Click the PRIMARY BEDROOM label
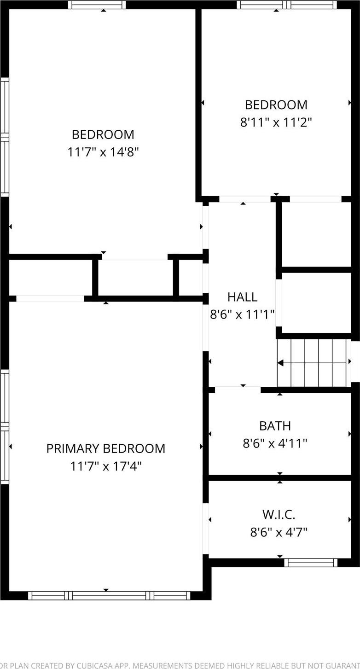pos(105,448)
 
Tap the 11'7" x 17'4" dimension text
pos(105,466)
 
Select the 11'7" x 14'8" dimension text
pos(103,152)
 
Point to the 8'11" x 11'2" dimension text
pos(276,122)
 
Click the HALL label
pos(242,297)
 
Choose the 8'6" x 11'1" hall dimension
pos(242,314)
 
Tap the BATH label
pos(275,426)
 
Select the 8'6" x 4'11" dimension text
pos(275,443)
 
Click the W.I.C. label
pos(279,514)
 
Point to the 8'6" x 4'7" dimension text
pos(279,532)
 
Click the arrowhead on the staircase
pos(280,363)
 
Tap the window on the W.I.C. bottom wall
pos(311,562)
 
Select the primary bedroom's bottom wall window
pos(109,595)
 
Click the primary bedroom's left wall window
pos(5,426)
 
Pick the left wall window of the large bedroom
pos(5,137)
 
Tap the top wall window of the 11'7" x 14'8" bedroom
pos(97,5)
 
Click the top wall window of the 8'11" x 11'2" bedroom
pos(287,5)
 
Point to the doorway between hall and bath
pos(238,390)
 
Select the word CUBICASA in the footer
pos(99,665)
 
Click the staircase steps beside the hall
pos(313,363)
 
